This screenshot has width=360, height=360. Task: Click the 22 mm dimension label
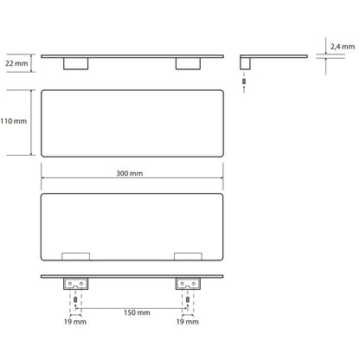coord(16,63)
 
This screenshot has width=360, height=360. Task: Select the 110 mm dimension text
coord(14,121)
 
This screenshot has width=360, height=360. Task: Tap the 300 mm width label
coord(130,173)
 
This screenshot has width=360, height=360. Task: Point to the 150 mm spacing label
coord(137,312)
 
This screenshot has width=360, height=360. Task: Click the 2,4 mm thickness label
coord(343,47)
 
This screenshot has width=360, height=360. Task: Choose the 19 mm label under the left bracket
coord(75,322)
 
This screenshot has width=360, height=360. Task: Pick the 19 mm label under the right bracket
coord(188,322)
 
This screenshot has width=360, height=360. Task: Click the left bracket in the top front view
coord(76,64)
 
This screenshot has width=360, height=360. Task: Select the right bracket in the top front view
coord(188,64)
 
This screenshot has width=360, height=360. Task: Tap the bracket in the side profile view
coord(245,63)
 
